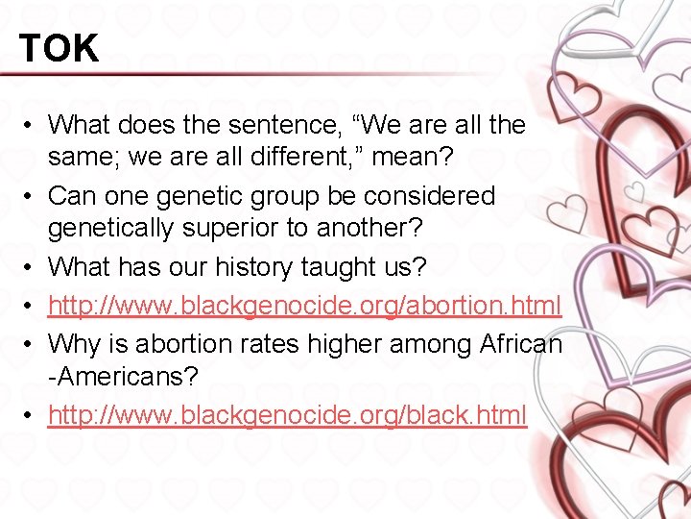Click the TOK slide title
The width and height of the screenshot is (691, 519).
[59, 48]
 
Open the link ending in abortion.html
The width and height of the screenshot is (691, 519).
[304, 306]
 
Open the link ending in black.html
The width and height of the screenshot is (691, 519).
[287, 415]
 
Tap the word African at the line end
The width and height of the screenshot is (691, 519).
[517, 342]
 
